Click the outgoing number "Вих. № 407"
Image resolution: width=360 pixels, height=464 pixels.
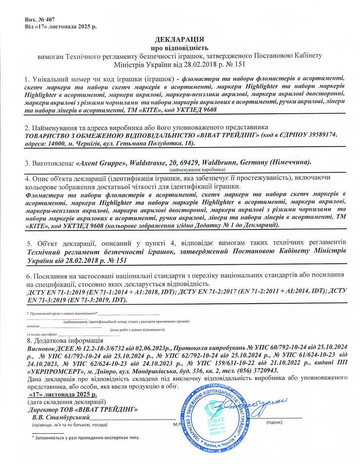[x=42, y=19]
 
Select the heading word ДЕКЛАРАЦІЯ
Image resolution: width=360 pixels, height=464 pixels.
[x=179, y=38]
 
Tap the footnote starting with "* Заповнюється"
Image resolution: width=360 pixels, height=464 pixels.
[x=85, y=438]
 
